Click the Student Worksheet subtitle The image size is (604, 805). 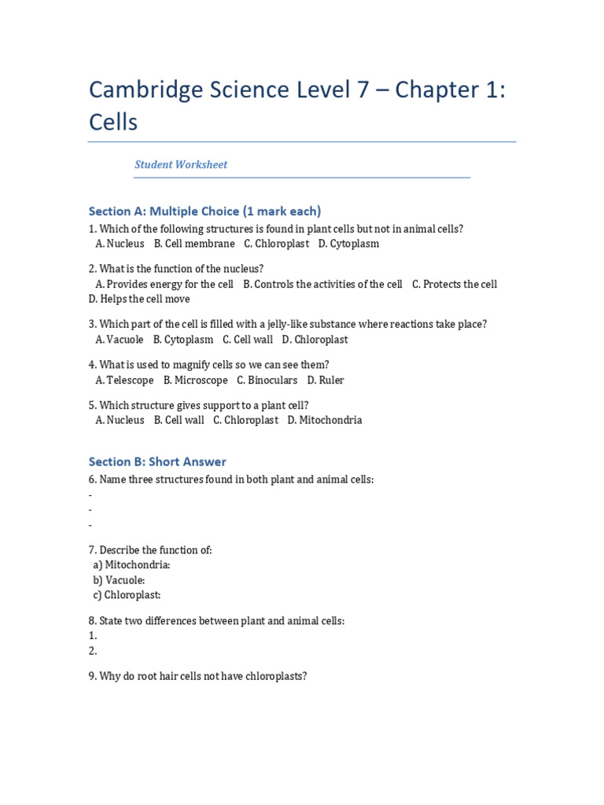[x=181, y=164]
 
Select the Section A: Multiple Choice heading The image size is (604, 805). [x=205, y=211]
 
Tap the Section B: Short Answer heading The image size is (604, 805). [x=157, y=461]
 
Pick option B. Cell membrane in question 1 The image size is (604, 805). [x=194, y=244]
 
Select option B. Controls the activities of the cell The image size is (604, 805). [x=322, y=284]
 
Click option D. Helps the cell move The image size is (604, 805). [x=139, y=299]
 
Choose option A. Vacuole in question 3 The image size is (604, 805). [x=120, y=340]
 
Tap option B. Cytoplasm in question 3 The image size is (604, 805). [x=183, y=340]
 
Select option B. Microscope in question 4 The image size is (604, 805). [x=196, y=380]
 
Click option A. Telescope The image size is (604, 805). [x=124, y=380]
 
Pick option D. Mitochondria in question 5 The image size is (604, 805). [x=325, y=420]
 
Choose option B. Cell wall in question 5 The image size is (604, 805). [x=179, y=420]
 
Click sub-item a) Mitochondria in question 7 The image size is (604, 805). [x=132, y=565]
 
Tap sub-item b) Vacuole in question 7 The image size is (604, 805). [x=119, y=580]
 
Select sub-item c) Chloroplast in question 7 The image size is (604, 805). [x=127, y=595]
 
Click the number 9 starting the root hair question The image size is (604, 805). [x=92, y=676]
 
